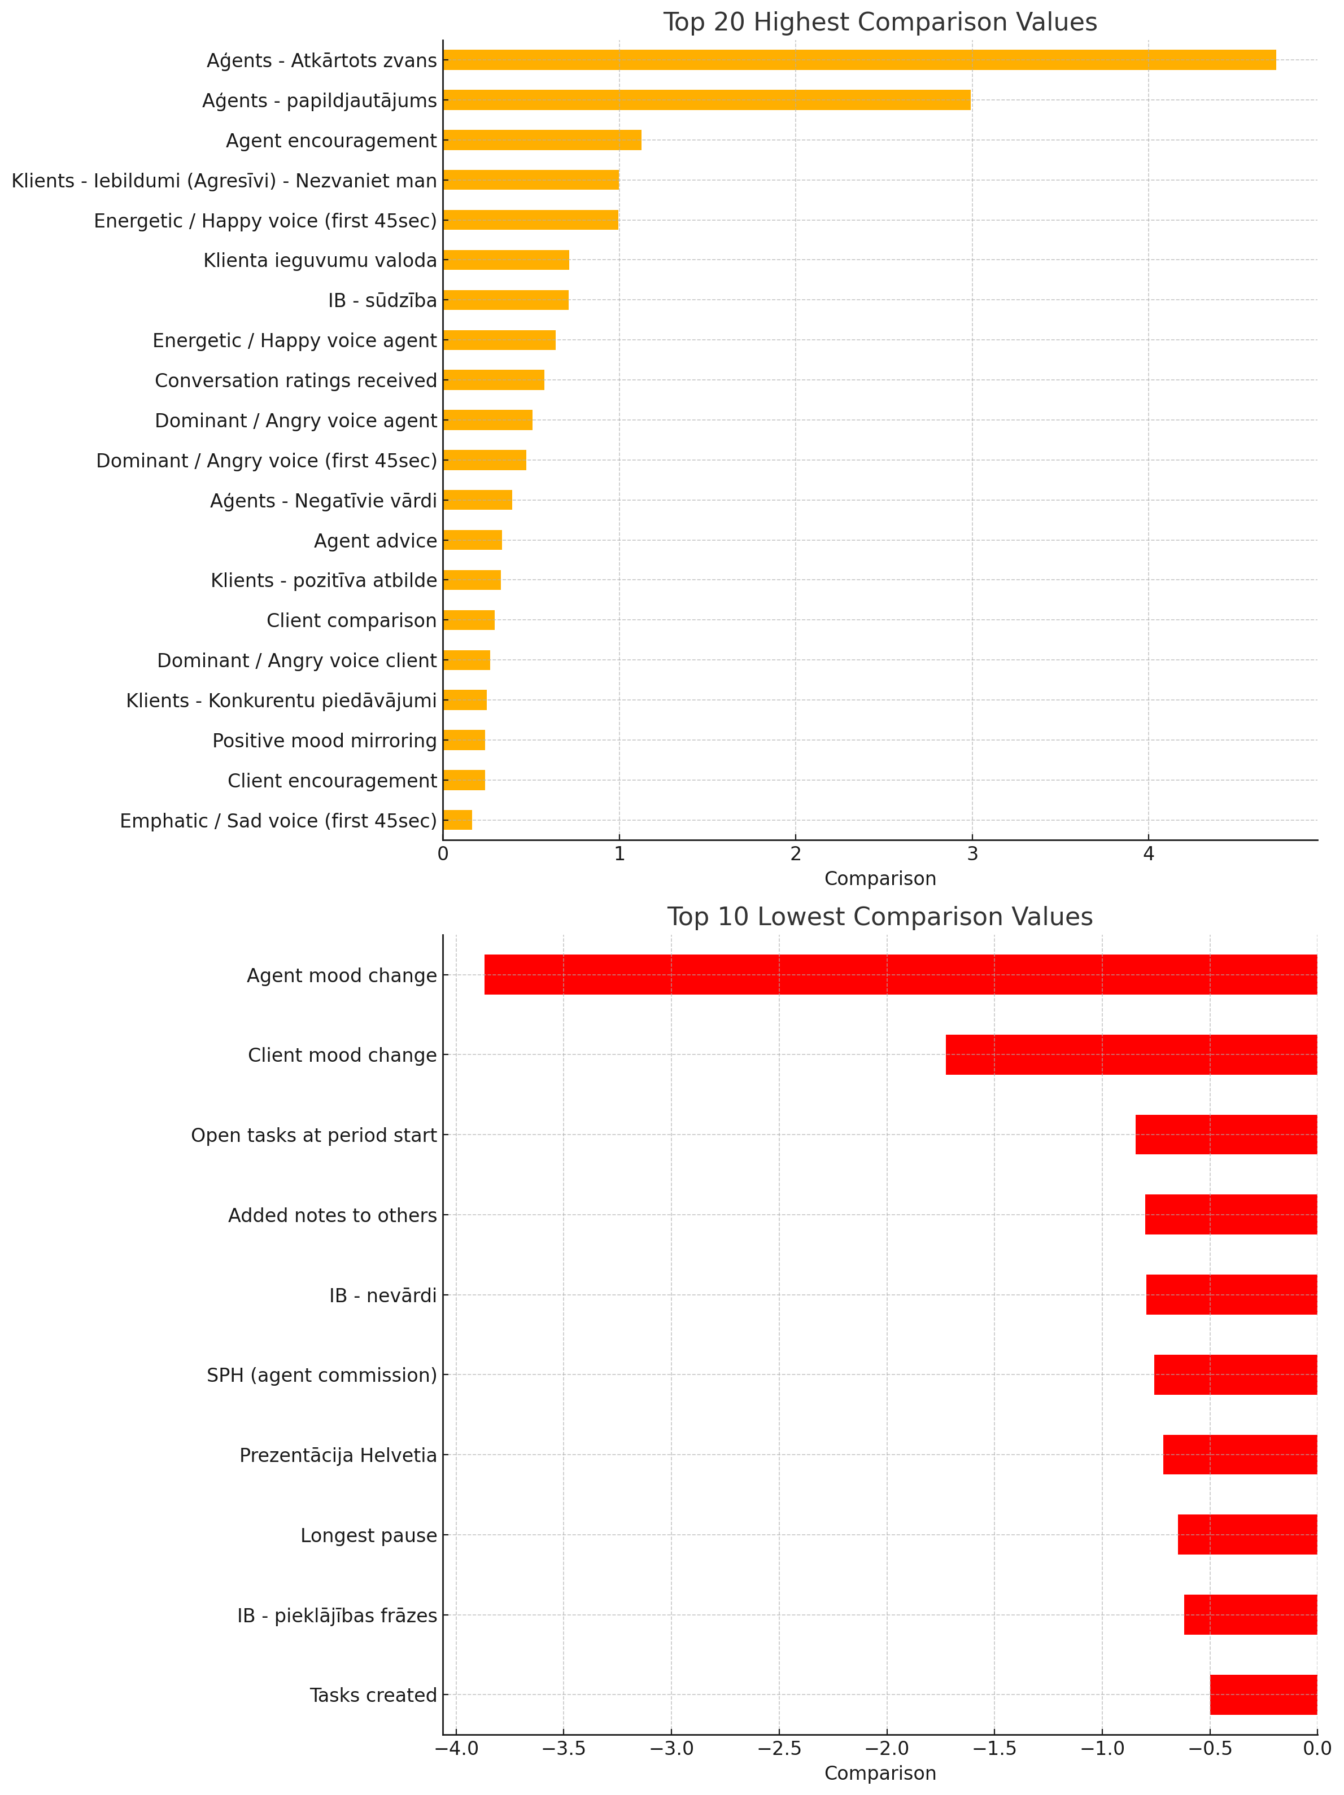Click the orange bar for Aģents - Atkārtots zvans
859,60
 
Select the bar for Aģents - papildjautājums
707,100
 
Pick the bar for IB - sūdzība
505,300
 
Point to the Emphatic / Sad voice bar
458,820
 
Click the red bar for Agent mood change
901,975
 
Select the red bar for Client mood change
1131,1055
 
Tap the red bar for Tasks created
1264,1695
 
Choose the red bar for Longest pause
1247,1535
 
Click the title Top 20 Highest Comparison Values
880,22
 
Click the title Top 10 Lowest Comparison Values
880,917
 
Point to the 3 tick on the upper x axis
971,844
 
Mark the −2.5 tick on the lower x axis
779,1740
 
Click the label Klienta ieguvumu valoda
320,260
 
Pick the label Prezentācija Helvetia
338,1456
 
